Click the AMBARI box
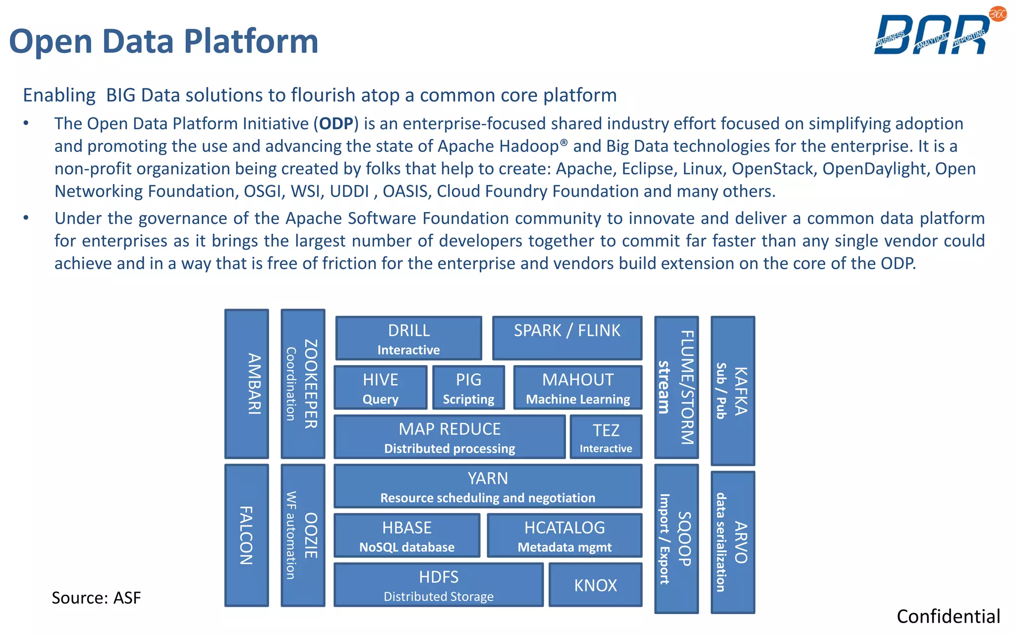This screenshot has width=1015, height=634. point(247,384)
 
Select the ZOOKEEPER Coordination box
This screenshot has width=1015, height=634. point(303,384)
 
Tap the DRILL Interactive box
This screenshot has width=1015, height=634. point(408,338)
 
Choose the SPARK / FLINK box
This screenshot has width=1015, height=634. point(567,338)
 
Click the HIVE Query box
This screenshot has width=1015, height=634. point(380,388)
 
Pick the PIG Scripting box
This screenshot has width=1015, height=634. point(468,388)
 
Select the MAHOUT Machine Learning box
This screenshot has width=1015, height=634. point(578,388)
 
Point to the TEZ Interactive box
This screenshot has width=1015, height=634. point(606,437)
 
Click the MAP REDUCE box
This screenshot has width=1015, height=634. point(450,437)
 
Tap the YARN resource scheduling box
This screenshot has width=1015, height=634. point(488,486)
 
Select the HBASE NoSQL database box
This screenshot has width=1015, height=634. point(407,535)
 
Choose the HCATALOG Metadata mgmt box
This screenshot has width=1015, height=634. point(564,535)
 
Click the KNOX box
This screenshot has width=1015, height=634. point(595,585)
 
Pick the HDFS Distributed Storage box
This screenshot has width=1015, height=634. point(439,585)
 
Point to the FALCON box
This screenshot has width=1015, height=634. point(247,535)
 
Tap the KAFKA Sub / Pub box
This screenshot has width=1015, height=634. point(733,391)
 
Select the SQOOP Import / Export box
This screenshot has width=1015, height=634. point(676,539)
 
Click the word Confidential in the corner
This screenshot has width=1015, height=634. point(948,617)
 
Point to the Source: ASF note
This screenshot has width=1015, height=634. point(96,598)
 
